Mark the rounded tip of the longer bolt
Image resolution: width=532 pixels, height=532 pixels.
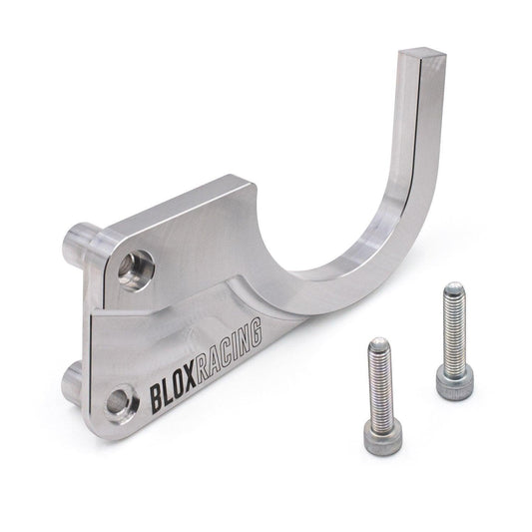454,290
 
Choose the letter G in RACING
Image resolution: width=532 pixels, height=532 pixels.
259,327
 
